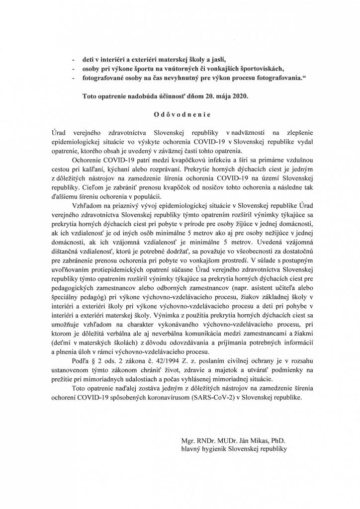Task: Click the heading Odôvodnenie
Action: click(182, 114)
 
